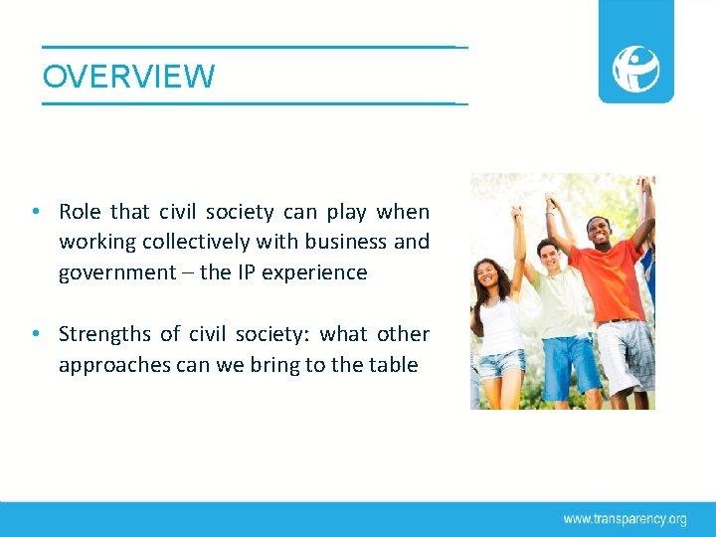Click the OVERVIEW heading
coord(128,77)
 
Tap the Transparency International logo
coord(635,68)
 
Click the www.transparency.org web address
coord(625,519)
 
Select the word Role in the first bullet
coord(81,212)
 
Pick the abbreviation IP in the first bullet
coord(246,272)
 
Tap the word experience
coord(317,272)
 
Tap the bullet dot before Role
coord(35,212)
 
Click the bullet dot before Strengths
coord(35,334)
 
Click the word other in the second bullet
coord(403,334)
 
